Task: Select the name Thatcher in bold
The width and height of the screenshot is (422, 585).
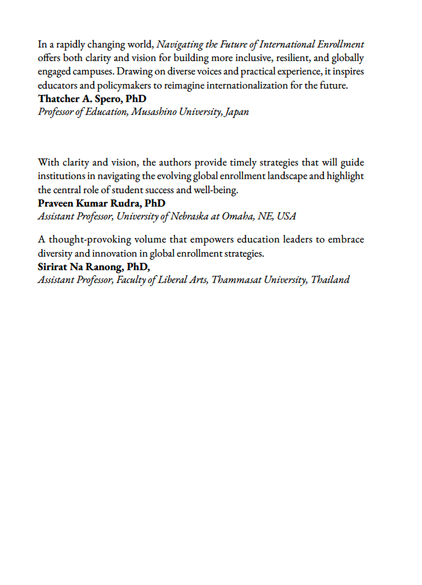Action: [60, 99]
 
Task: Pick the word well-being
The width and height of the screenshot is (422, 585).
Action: [215, 190]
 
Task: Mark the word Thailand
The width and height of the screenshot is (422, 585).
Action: [330, 280]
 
